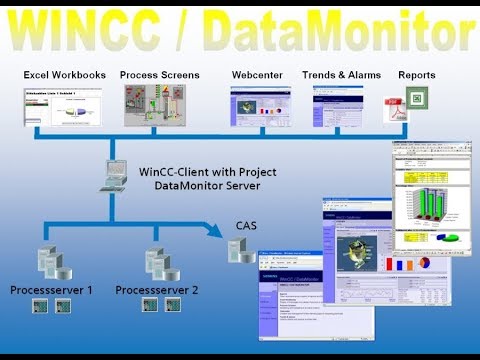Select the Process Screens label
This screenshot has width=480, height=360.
[159, 76]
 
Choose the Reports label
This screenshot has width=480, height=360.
[416, 76]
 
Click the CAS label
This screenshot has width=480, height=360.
[246, 226]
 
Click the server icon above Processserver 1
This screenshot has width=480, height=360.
[51, 264]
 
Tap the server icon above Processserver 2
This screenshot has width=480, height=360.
[156, 264]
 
